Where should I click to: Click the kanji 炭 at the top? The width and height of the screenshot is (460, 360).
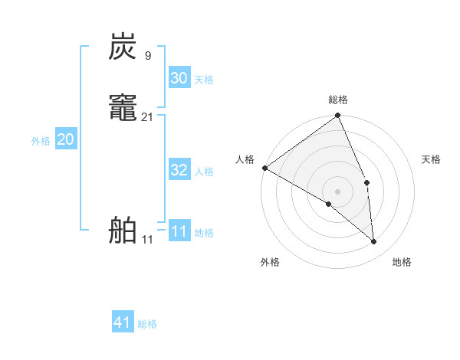[x=123, y=47]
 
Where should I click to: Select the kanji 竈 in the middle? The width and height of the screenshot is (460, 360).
[x=123, y=108]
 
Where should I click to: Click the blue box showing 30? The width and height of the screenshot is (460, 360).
[x=179, y=78]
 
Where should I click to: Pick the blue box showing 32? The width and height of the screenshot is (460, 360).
[x=179, y=170]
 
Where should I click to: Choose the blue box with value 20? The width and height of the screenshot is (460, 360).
[x=66, y=139]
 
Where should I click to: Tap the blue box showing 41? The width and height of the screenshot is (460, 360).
[x=123, y=322]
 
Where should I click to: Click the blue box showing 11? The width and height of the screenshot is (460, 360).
[x=179, y=231]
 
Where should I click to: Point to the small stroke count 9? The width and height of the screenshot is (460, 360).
[x=147, y=55]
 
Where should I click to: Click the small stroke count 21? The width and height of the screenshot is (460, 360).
[x=148, y=116]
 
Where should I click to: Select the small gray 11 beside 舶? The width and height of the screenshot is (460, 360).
[x=147, y=239]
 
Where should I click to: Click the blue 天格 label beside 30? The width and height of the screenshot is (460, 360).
[x=204, y=80]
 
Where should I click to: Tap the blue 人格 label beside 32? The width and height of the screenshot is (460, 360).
[x=204, y=172]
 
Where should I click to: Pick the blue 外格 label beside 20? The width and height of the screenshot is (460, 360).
[x=41, y=141]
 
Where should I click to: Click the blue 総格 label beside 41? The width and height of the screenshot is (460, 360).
[x=147, y=324]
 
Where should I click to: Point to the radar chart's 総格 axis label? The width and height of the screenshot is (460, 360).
[x=338, y=100]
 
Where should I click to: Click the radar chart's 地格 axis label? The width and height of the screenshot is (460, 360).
[x=402, y=262]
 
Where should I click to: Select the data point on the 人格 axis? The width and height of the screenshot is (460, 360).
[x=264, y=168]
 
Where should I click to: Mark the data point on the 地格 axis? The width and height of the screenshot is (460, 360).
[x=373, y=241]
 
